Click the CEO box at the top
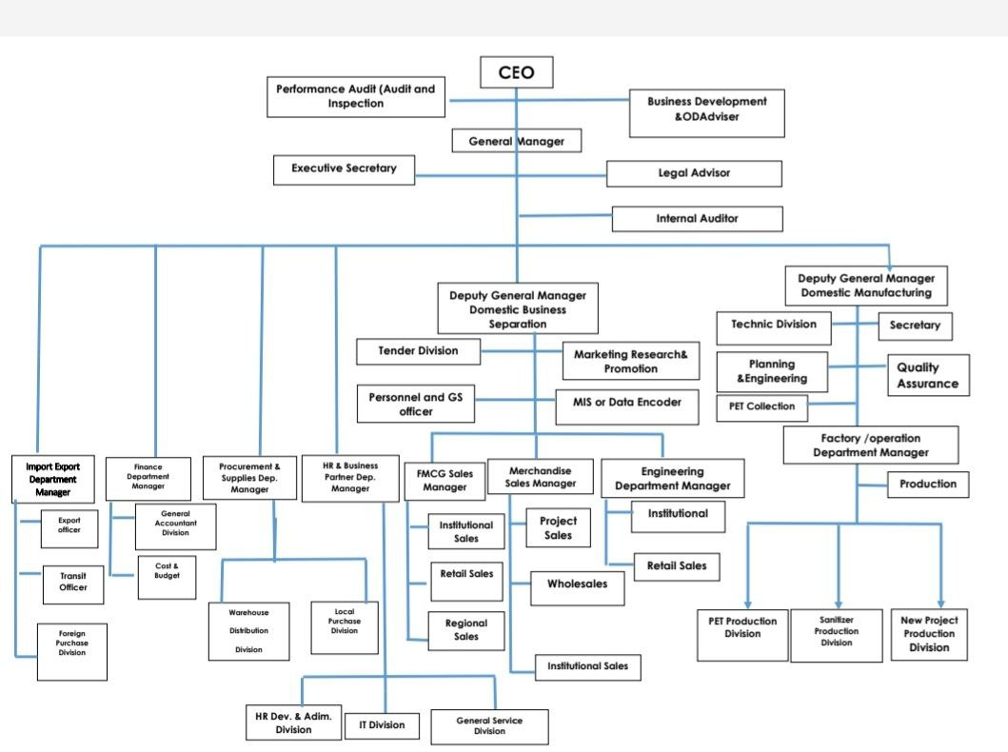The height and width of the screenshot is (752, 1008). click(516, 72)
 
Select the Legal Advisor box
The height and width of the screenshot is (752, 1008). click(694, 173)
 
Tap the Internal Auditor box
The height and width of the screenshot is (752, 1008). click(697, 219)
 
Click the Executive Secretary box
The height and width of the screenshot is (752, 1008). click(344, 169)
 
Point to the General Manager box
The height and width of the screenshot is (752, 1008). click(516, 142)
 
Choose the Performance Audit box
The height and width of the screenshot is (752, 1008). click(355, 96)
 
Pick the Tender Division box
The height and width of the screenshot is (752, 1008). click(418, 351)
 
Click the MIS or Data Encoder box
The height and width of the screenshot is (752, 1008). click(626, 403)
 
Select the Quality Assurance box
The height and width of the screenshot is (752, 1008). click(928, 375)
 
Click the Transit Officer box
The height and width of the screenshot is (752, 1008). click(73, 582)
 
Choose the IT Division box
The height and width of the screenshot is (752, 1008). click(381, 725)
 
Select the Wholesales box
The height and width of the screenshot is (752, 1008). click(576, 584)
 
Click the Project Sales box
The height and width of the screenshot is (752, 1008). click(558, 528)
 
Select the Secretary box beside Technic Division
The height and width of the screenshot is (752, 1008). click(914, 326)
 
